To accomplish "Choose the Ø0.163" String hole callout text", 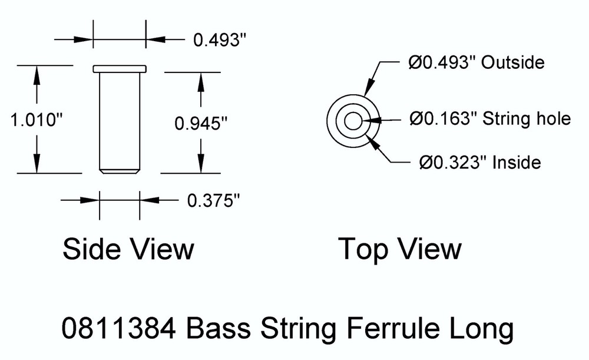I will [491, 119].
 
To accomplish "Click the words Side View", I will [128, 249].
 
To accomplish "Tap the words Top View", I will [399, 249].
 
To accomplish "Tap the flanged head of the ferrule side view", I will [120, 69].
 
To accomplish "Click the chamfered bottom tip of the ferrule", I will [120, 171].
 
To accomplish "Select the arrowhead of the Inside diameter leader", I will [369, 140].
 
